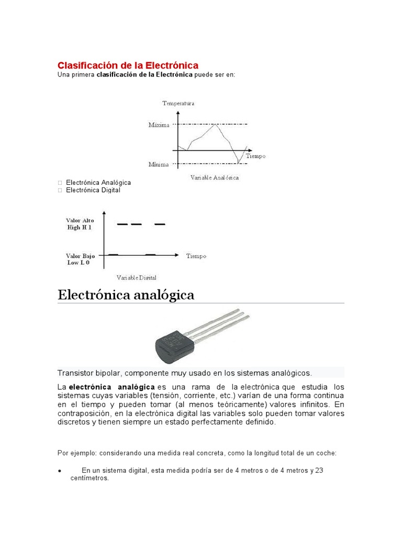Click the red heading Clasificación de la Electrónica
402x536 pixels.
click(128, 65)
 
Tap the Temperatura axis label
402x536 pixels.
click(178, 103)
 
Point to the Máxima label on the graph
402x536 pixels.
click(159, 125)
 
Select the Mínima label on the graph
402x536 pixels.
click(159, 164)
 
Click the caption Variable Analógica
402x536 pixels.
click(214, 177)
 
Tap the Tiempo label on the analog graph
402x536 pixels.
click(255, 156)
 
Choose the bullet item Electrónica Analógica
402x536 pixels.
click(98, 183)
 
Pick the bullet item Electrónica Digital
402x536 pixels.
click(93, 191)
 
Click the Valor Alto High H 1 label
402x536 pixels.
click(80, 224)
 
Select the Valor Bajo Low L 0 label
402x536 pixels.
click(80, 259)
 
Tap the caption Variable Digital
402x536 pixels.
click(136, 277)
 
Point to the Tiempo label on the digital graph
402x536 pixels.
click(196, 256)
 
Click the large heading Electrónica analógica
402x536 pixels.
click(126, 295)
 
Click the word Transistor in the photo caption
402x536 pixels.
click(75, 373)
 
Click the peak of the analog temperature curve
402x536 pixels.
click(215, 125)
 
